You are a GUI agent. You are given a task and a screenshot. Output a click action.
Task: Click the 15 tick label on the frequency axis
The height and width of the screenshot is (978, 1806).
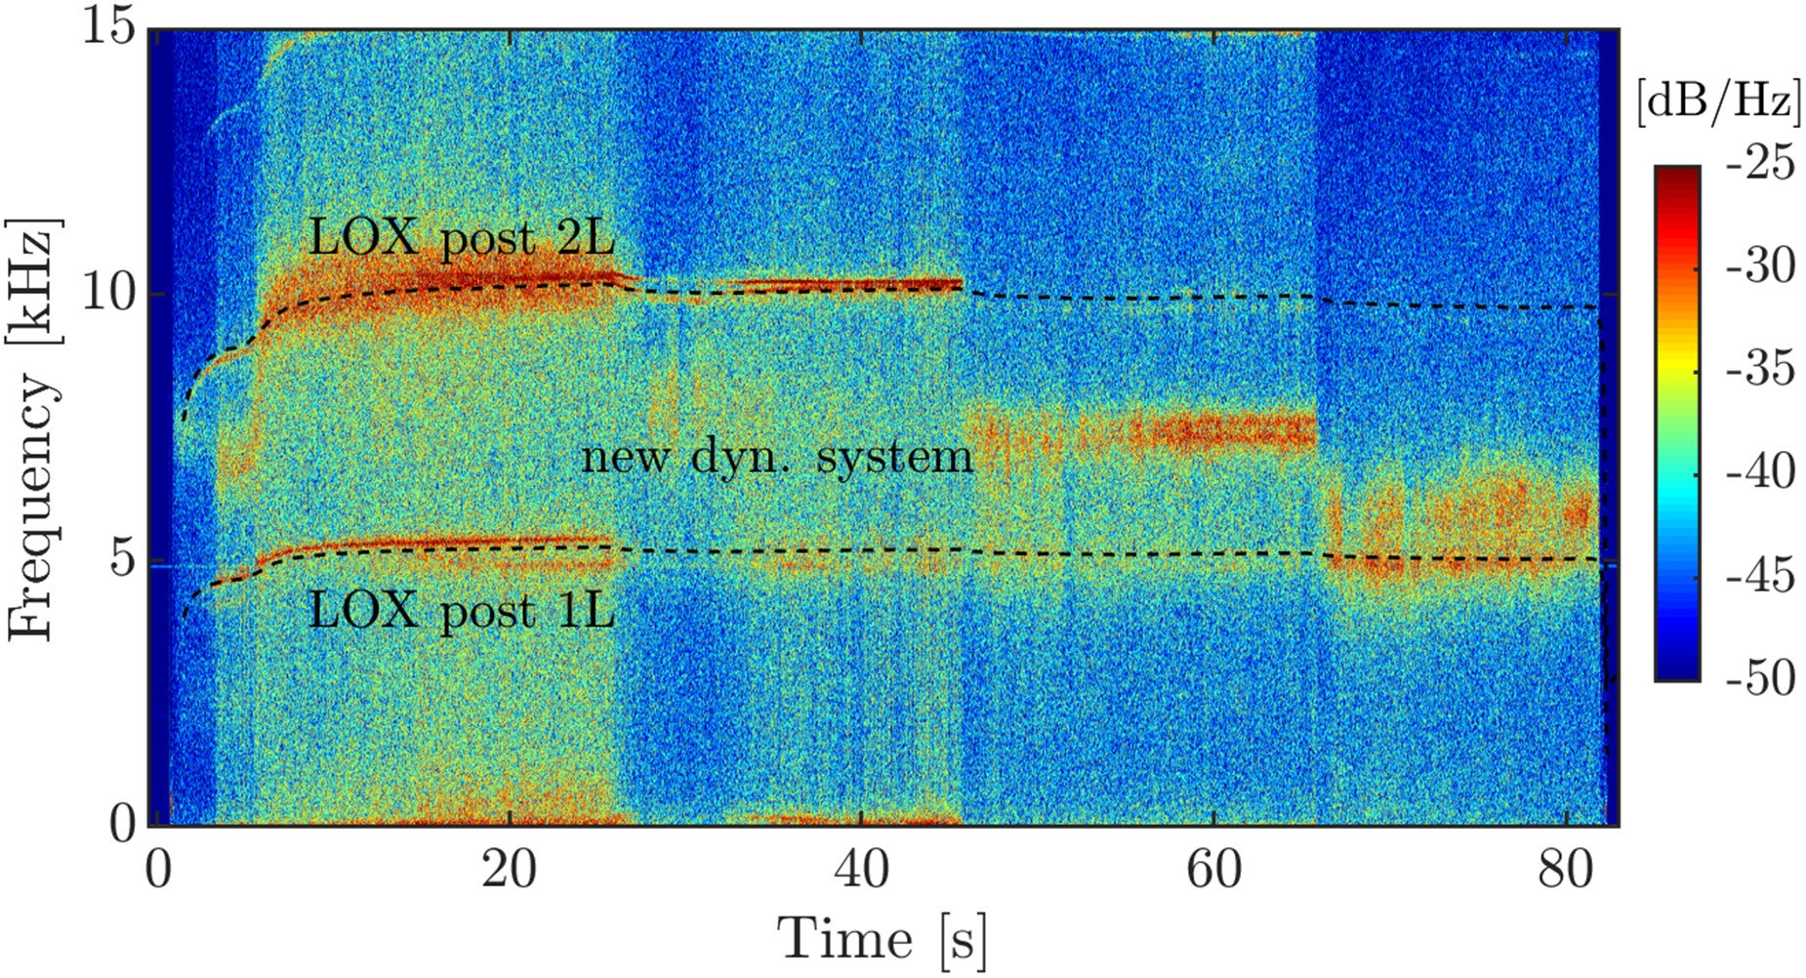(x=107, y=26)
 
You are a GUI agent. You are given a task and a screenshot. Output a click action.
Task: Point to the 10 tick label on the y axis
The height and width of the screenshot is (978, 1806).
(x=107, y=292)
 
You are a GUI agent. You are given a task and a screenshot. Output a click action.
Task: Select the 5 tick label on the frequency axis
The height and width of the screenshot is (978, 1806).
(x=121, y=560)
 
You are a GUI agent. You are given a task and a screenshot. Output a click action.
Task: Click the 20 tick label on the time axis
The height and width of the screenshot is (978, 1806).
(x=509, y=868)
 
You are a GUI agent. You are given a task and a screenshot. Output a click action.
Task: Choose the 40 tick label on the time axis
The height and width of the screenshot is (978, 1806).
(x=861, y=868)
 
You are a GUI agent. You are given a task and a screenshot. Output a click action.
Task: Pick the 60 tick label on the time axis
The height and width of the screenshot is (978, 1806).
(x=1213, y=868)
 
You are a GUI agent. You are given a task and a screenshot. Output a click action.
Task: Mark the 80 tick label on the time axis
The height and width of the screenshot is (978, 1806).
(x=1566, y=868)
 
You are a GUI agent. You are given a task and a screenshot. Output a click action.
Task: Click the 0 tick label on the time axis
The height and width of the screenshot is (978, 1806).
(x=158, y=868)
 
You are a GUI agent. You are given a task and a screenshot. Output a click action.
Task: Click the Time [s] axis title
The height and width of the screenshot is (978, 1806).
(x=882, y=939)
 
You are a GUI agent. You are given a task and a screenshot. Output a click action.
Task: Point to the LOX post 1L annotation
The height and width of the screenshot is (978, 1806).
(x=462, y=611)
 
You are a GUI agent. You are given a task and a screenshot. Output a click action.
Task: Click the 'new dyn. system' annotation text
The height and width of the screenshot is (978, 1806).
(x=777, y=457)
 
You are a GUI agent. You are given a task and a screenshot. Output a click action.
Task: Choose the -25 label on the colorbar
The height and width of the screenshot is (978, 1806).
(x=1760, y=162)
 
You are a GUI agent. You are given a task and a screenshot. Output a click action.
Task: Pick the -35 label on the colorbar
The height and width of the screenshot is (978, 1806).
(x=1760, y=369)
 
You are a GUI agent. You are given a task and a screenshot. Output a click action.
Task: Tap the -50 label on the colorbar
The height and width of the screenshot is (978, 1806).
(x=1760, y=677)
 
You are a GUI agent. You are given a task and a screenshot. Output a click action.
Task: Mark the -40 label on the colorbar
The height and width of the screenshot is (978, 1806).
(x=1760, y=471)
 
